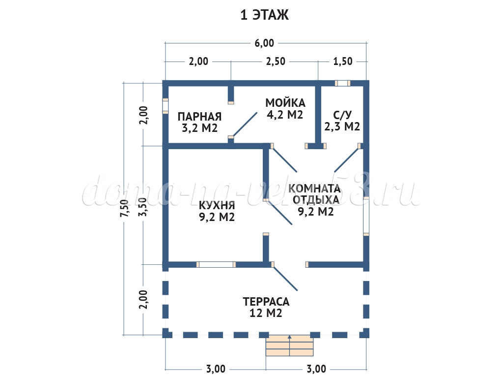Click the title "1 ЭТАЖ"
point(264,15)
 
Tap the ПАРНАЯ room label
point(199,117)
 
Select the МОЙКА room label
point(285,103)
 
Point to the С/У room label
point(342,115)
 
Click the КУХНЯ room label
point(217,205)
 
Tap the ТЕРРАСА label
point(266,301)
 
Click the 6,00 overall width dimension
point(264,43)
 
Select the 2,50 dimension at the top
point(276,62)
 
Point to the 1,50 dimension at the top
point(343,62)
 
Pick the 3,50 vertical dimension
point(143,206)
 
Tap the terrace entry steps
point(290,346)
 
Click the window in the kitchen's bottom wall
point(216,264)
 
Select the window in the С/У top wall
point(343,83)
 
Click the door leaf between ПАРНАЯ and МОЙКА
point(244,124)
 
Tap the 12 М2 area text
point(266,313)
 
